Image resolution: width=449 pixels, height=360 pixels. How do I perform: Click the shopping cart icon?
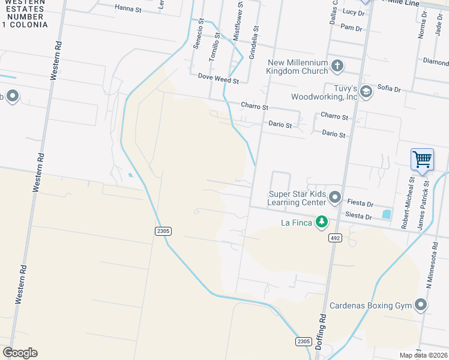422,160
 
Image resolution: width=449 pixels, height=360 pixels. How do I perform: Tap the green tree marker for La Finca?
322,222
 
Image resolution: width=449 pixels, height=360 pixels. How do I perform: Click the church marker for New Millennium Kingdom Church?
337,65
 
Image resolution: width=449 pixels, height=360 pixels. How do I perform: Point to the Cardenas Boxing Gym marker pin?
421,305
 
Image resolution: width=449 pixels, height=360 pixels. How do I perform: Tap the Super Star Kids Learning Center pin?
335,197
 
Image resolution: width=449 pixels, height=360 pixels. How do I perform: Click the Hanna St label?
128,10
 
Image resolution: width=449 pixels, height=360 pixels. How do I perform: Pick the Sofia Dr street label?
389,88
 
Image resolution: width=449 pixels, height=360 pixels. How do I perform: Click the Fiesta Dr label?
360,203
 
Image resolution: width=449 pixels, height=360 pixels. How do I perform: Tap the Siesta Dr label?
359,216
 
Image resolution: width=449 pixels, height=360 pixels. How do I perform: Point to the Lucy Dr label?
354,12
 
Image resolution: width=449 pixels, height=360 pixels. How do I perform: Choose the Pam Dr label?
351,28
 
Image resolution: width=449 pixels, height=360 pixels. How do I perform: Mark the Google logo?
20,353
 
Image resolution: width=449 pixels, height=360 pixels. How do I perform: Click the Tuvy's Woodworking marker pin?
367,90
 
